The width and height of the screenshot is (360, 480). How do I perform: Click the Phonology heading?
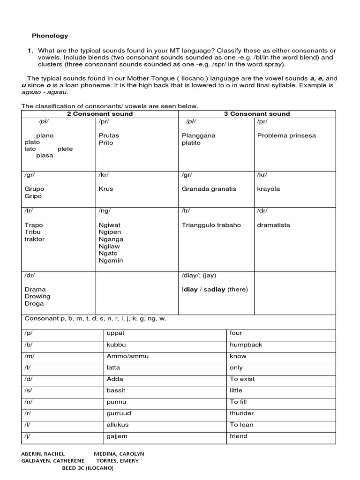click(50, 36)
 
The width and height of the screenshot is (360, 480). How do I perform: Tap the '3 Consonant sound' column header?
click(257, 114)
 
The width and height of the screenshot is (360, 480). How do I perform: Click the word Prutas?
click(109, 135)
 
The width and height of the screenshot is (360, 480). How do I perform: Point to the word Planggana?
click(198, 135)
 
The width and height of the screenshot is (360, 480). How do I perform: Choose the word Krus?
click(106, 189)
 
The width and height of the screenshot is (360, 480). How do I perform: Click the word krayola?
click(268, 189)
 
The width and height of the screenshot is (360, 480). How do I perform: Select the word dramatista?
click(273, 225)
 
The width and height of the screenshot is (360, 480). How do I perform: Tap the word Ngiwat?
click(109, 225)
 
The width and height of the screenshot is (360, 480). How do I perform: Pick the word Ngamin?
click(111, 261)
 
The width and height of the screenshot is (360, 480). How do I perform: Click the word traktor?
click(35, 239)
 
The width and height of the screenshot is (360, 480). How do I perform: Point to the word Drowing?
click(37, 296)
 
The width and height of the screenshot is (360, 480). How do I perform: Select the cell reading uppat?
click(115, 333)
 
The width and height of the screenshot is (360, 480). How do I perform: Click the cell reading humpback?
click(246, 345)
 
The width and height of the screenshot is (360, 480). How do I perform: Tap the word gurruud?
click(119, 413)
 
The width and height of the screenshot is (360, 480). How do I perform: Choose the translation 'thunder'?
click(241, 413)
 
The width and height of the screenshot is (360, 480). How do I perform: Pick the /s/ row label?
click(28, 390)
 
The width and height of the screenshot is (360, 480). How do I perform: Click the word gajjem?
click(117, 436)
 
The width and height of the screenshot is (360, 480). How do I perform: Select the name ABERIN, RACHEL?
click(43, 454)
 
